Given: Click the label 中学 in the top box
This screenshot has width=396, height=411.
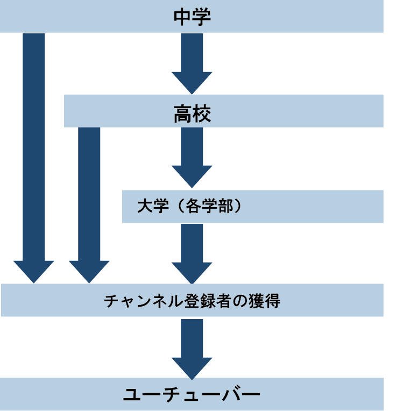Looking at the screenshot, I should click(192, 17).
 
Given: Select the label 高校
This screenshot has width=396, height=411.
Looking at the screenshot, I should click(192, 114).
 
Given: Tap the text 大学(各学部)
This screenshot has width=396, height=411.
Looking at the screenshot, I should click(189, 207).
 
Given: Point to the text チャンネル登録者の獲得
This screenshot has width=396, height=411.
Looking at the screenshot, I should click(192, 301).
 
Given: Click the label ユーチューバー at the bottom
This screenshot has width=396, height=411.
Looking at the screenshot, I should click(192, 395).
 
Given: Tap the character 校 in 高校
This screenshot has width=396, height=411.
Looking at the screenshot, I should click(202, 114).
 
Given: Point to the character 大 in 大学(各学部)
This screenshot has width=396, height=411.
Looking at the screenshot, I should click(143, 207).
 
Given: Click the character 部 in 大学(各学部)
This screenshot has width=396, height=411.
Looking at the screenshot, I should click(227, 207).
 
